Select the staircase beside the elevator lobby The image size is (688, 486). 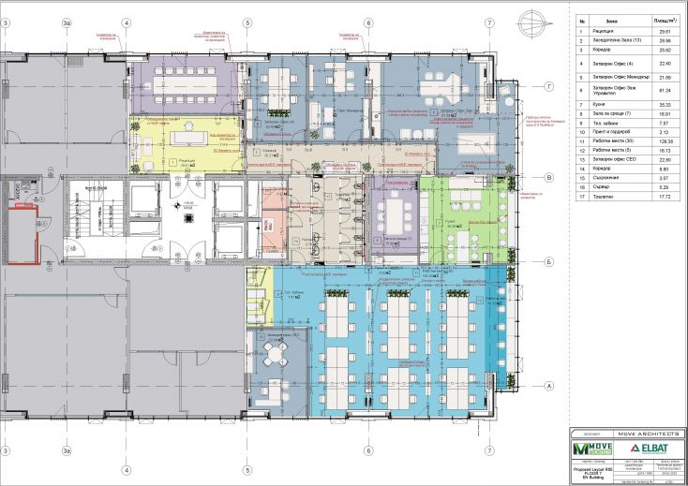click(84, 225)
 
